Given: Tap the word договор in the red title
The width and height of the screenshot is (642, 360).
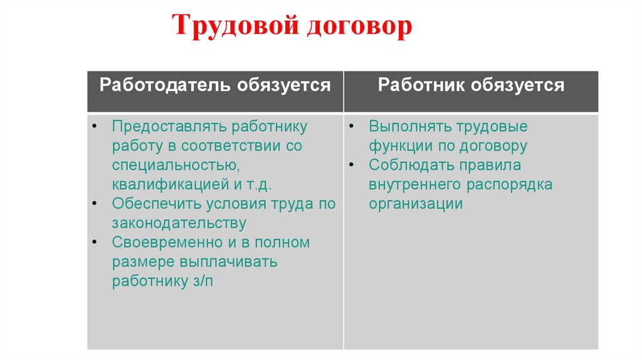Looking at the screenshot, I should click(360, 27).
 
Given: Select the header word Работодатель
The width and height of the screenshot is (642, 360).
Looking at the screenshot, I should click(165, 85).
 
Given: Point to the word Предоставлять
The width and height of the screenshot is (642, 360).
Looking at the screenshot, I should click(170, 127).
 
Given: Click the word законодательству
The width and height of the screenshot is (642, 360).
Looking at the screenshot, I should click(179, 223).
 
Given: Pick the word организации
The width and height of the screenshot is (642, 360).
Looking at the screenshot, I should click(416, 204).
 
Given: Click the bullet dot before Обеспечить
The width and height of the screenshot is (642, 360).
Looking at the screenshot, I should click(93, 204).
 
